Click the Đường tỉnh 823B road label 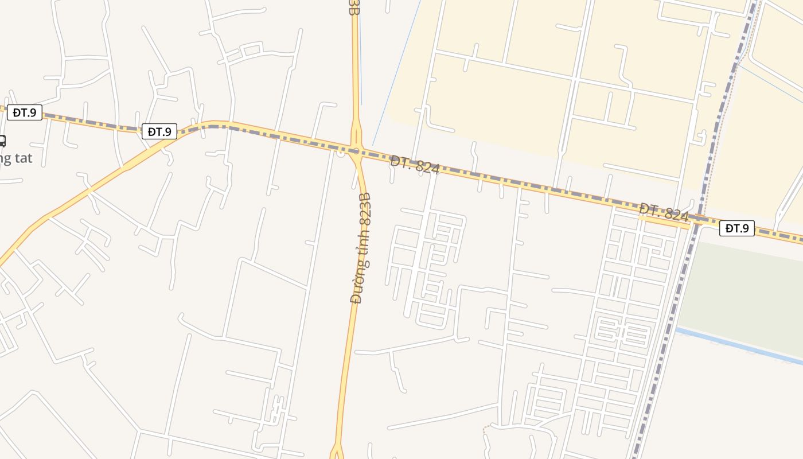361,248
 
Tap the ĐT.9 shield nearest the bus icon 25,112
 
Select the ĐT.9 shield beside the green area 736,228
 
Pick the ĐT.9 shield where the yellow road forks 159,131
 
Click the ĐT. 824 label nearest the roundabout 415,165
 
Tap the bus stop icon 2,141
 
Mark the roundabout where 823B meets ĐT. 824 356,151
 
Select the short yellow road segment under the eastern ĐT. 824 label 665,223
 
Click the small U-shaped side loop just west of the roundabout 341,153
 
